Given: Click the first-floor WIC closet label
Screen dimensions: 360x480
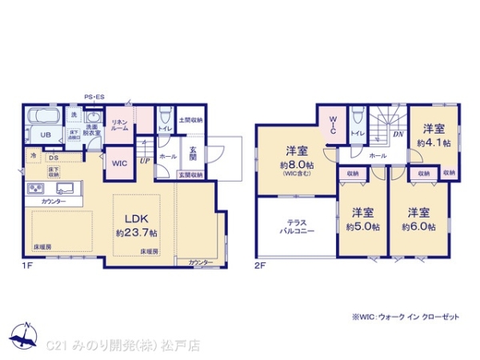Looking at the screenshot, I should click(x=118, y=164).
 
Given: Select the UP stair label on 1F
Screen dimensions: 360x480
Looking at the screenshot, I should click(x=144, y=162).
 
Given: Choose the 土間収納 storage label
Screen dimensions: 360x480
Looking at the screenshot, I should click(x=191, y=120).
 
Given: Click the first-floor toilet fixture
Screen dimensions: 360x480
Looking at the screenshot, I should click(x=163, y=114).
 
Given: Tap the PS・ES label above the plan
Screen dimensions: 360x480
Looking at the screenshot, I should click(x=95, y=97).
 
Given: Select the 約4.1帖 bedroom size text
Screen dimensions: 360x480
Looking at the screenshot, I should click(x=433, y=142).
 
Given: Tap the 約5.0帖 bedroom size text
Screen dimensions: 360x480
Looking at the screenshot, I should click(x=362, y=226).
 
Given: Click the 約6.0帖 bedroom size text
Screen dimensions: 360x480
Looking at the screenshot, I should click(x=419, y=226).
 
